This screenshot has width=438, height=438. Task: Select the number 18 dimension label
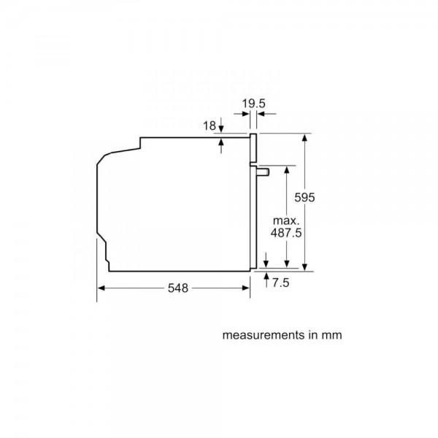(210, 126)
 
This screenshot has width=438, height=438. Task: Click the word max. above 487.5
(288, 220)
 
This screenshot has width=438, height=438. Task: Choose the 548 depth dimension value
(177, 288)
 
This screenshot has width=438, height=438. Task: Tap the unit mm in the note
(331, 336)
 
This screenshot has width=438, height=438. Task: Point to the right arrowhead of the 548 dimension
(247, 288)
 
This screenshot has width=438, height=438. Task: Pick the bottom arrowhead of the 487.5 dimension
(287, 265)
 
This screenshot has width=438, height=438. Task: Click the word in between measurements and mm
(311, 336)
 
